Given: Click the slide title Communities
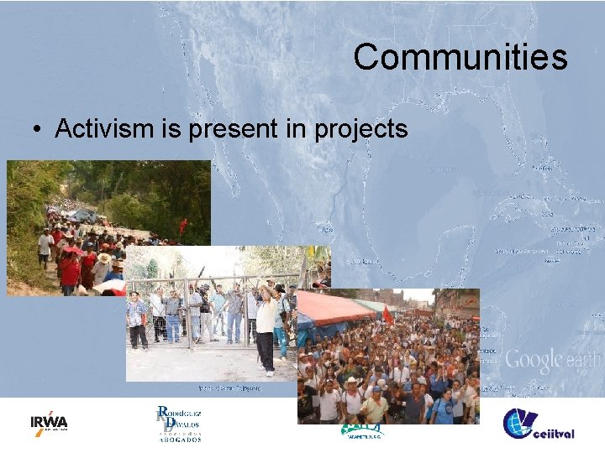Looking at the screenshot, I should [460, 57].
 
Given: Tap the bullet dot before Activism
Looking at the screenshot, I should [38, 129].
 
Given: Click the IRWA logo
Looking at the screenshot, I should [49, 422].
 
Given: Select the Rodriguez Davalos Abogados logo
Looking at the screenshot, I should [179, 423].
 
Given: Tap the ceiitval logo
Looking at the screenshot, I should [538, 424].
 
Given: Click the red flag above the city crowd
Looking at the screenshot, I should [387, 316].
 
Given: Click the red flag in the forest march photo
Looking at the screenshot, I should [183, 225].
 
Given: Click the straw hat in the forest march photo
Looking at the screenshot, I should [104, 258].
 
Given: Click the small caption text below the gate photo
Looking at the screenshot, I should [229, 388].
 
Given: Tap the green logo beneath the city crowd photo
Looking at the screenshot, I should [362, 430].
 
